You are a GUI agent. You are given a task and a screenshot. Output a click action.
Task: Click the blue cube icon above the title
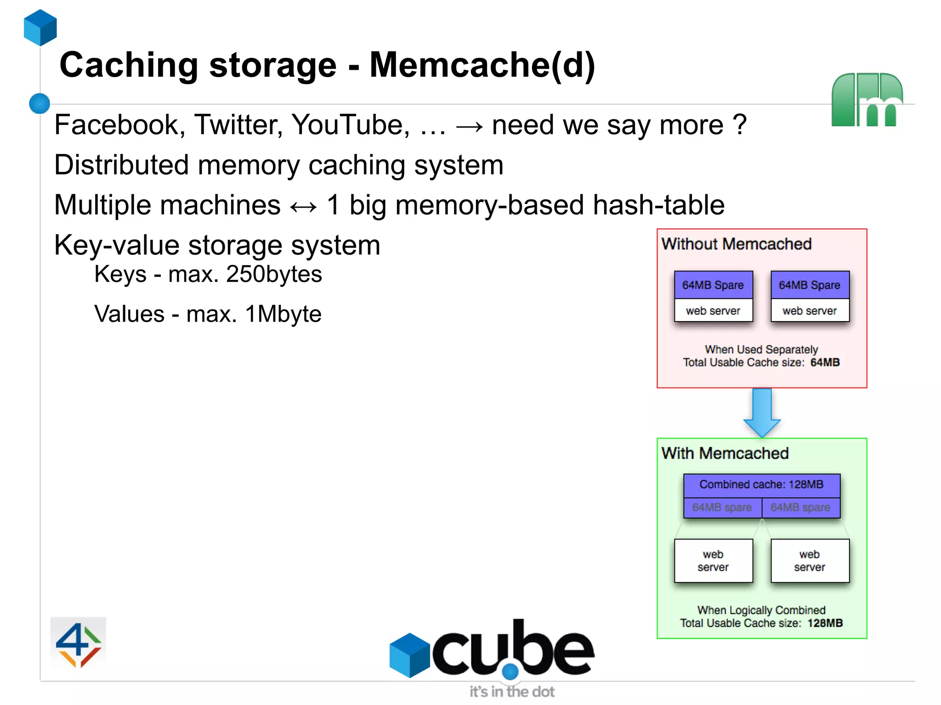coord(40,28)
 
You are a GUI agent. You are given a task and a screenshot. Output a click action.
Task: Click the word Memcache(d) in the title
coord(482,65)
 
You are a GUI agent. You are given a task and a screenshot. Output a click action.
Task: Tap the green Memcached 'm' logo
coord(867,100)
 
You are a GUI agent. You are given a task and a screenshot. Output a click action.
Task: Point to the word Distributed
coord(122,165)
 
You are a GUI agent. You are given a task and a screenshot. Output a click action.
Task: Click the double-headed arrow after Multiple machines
coord(304,206)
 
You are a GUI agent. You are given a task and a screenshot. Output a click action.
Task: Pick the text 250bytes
coord(274,274)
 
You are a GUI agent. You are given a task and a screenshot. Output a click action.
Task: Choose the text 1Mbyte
coord(283,314)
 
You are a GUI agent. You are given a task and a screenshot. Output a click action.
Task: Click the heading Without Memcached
coord(736,244)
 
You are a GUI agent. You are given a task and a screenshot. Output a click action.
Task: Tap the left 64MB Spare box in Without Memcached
coord(713,285)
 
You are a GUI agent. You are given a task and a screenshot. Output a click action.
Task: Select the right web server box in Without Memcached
coord(810,311)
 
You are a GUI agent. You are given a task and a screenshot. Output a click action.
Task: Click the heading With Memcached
coord(725,453)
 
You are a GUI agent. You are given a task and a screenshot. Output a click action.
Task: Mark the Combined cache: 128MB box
coord(761,485)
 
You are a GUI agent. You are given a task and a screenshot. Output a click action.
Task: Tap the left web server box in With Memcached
coord(713,561)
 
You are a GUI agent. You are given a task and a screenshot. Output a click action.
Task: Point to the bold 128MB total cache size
coord(825,623)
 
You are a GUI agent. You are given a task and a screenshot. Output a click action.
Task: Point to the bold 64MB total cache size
coord(825,362)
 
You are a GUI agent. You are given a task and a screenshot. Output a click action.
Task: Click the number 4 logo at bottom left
coord(78,644)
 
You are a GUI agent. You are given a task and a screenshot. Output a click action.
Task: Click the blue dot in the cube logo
coord(510,672)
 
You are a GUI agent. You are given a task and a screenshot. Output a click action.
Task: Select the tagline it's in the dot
coord(512,692)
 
